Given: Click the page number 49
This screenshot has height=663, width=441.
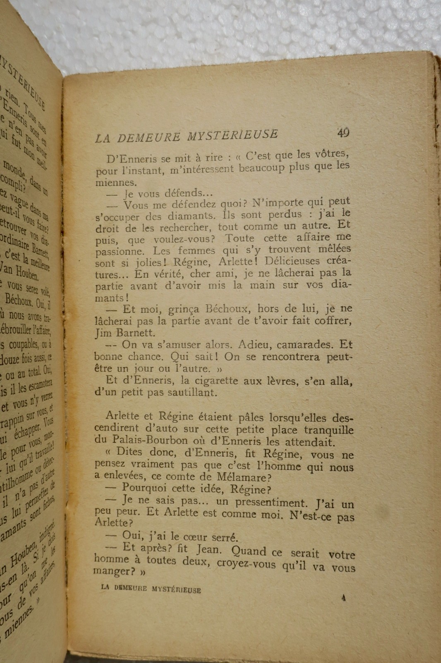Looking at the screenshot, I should coord(343,133).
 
